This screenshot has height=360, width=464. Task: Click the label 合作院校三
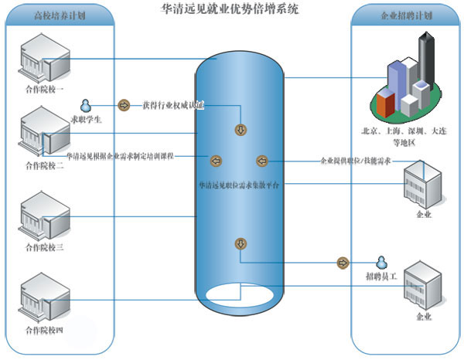(x=46, y=247)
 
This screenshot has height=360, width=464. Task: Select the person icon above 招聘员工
(x=380, y=262)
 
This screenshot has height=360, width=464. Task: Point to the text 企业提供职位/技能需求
(x=356, y=161)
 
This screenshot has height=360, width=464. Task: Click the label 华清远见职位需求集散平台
(x=240, y=186)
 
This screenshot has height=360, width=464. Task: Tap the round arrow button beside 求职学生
(x=123, y=104)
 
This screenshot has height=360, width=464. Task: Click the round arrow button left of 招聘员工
(x=342, y=263)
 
